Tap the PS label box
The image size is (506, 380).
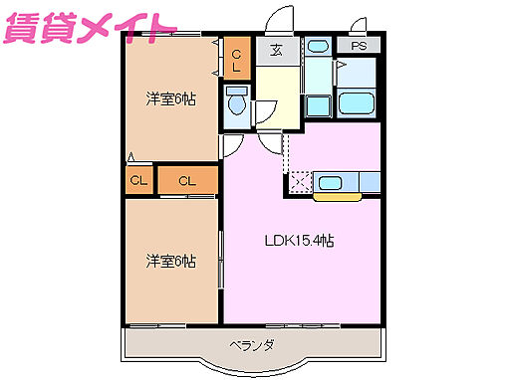pos(358,46)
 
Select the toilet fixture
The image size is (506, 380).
pos(237,101)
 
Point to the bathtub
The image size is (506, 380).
pos(357,103)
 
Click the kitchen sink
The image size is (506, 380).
pos(330,181)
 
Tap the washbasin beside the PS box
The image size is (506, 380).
pos(317,46)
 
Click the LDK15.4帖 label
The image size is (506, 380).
pos(298,241)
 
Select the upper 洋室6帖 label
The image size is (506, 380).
pos(169,98)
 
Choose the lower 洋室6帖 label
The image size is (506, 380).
pos(169,261)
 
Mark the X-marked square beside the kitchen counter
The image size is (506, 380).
pos(299,182)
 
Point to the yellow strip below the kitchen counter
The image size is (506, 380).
pos(338,196)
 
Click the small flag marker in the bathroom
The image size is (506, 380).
pos(340,66)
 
